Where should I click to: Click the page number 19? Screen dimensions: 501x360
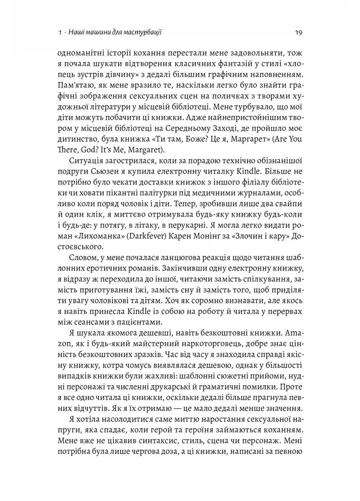click(295, 32)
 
